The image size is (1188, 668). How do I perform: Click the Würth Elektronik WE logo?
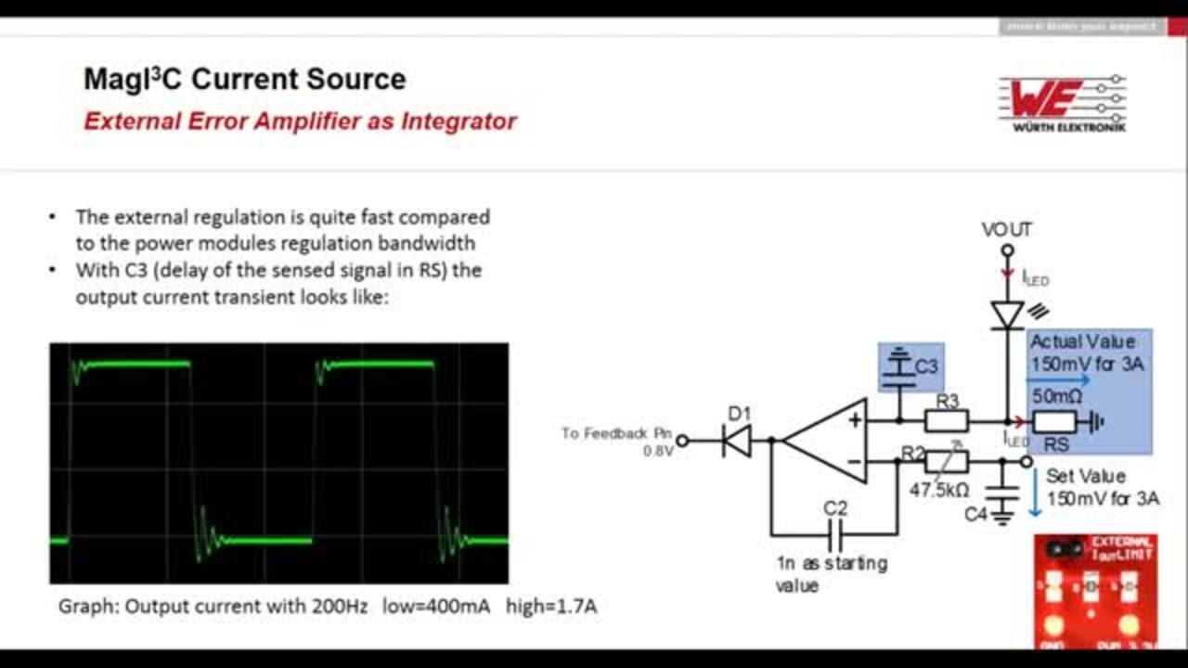coord(1063,102)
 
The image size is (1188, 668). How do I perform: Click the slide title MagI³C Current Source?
coord(244,79)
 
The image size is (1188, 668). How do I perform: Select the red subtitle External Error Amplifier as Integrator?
coord(300,122)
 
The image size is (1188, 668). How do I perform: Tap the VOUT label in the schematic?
coord(1007,229)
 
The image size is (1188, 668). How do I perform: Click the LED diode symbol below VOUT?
coord(1007,315)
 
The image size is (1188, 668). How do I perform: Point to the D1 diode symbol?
coord(738,441)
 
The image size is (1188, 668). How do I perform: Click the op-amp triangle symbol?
coord(826,441)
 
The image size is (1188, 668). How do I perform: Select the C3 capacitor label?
coord(926,366)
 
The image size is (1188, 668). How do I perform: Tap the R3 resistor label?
coord(947,402)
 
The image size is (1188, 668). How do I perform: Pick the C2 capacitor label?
coord(835,508)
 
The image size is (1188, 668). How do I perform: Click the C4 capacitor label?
coord(975,513)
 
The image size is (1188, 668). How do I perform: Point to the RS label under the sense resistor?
coord(1056,445)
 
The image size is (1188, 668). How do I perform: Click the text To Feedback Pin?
coord(615,433)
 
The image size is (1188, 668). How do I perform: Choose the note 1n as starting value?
coord(831,574)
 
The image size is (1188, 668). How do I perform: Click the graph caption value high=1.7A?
coord(551,607)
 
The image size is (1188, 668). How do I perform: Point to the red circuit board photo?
coord(1095,591)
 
